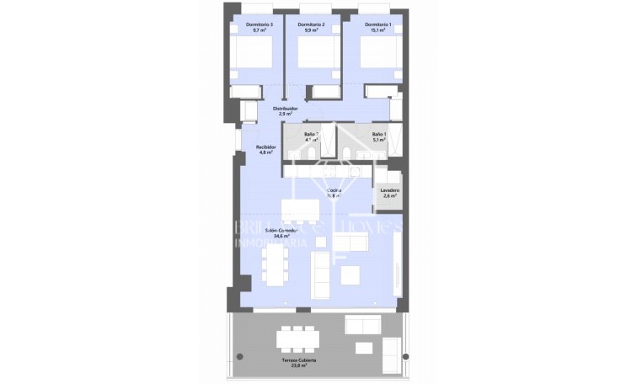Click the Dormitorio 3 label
pos(259,25)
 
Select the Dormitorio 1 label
pos(378,25)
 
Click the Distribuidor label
pos(284,109)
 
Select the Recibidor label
pos(266,147)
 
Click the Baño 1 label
pos(379,135)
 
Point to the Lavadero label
pos(389,190)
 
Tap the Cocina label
pos(334,190)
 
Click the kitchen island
pos(299,210)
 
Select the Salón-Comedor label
pos(277,231)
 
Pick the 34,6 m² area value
pos(277,237)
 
